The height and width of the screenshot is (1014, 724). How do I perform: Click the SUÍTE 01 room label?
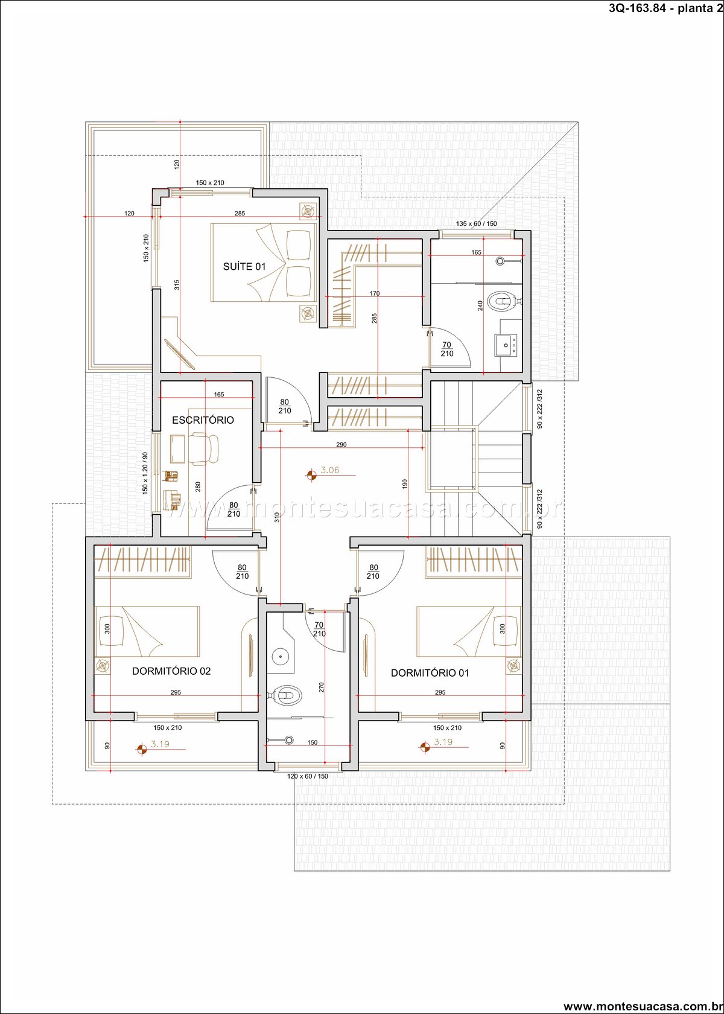[244, 267]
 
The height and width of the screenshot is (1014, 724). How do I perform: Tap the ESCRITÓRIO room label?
[203, 420]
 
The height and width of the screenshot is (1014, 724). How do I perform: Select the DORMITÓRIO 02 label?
[171, 671]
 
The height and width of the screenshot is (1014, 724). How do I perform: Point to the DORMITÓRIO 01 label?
[430, 672]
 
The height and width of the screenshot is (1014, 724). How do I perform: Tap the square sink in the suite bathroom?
[506, 345]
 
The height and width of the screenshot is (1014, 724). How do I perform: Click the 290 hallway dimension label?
[341, 444]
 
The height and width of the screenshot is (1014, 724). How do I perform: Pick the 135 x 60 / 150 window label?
[476, 223]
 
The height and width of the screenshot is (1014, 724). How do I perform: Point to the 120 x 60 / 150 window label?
[308, 776]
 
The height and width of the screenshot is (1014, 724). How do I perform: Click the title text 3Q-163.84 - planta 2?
[665, 8]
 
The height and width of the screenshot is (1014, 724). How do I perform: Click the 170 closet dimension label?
[374, 293]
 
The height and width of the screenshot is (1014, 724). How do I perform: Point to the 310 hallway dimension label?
[276, 517]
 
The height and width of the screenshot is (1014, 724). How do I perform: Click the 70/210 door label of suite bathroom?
[446, 349]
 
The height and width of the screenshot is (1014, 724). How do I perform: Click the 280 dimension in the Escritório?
[198, 487]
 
